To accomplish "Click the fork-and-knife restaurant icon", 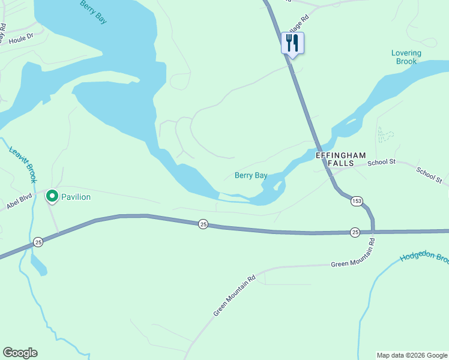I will [x=292, y=43].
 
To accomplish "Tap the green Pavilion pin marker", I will [x=52, y=196].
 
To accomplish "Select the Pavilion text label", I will [x=76, y=197].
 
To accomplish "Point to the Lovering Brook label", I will [x=406, y=57].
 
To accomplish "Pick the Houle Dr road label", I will [x=22, y=40].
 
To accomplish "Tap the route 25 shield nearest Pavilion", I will [x=38, y=241].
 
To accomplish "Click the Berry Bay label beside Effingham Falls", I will [x=250, y=175].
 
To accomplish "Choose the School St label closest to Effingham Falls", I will [x=382, y=162].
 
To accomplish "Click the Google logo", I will [x=20, y=353].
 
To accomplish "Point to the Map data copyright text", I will [x=412, y=355].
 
